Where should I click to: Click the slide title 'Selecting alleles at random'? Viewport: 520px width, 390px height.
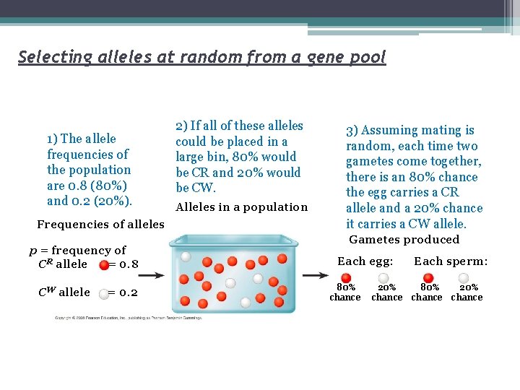[202, 56]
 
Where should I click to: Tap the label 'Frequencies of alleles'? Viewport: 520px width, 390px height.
[100, 225]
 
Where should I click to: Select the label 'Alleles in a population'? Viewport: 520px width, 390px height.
[242, 207]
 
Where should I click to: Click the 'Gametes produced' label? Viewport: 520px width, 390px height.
[404, 240]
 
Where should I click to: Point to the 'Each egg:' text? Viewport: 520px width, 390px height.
[365, 261]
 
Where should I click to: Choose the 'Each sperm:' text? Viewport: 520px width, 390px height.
[451, 261]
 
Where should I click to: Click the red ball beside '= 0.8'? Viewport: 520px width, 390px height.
[104, 264]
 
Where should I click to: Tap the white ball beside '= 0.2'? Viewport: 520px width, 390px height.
[104, 292]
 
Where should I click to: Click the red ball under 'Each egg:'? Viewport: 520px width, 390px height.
[346, 278]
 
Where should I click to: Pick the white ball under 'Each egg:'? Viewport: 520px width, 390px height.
[384, 278]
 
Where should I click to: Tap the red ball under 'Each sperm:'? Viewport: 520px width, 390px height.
[428, 278]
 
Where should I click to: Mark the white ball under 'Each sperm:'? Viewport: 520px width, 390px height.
[464, 278]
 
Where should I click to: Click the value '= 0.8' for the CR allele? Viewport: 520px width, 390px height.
[123, 264]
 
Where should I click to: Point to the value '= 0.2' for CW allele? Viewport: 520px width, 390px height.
[123, 292]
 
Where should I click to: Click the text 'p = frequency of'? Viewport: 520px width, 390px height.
[78, 251]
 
